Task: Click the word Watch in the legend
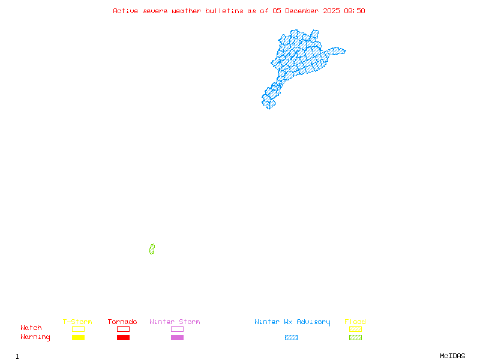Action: pyautogui.click(x=31, y=328)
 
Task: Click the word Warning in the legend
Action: pyautogui.click(x=35, y=337)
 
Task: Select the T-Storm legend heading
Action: pyautogui.click(x=77, y=322)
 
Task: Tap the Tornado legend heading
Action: pyautogui.click(x=122, y=322)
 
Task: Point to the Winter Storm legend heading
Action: pyautogui.click(x=175, y=322)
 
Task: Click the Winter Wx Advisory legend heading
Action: pyautogui.click(x=292, y=322)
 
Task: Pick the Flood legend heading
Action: pyautogui.click(x=355, y=322)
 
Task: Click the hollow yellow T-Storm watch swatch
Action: pyautogui.click(x=78, y=329)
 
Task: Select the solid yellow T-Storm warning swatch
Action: pyautogui.click(x=78, y=338)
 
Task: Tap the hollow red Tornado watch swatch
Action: pyautogui.click(x=123, y=329)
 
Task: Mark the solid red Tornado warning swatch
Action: pyautogui.click(x=123, y=338)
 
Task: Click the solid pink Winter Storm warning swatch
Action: pyautogui.click(x=177, y=338)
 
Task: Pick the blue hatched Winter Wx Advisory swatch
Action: pyautogui.click(x=291, y=338)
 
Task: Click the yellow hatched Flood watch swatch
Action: pyautogui.click(x=355, y=329)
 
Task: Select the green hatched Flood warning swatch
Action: pyautogui.click(x=355, y=338)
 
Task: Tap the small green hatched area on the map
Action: pyautogui.click(x=152, y=249)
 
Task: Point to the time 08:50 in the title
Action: pyautogui.click(x=355, y=11)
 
